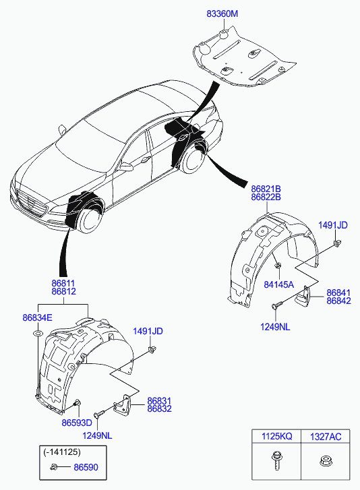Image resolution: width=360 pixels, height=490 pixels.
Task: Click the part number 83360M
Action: [x=222, y=13]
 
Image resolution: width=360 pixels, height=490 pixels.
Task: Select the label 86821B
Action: [x=266, y=189]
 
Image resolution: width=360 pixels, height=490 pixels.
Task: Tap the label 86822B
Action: [x=266, y=197]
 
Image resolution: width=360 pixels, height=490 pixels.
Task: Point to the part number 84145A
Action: [x=278, y=284]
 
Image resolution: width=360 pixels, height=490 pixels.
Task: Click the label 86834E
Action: [x=38, y=317]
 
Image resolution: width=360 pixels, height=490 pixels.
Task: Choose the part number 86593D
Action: [x=77, y=423]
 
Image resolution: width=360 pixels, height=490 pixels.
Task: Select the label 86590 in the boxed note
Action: [x=86, y=468]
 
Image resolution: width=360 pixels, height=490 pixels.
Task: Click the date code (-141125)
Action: [x=62, y=452]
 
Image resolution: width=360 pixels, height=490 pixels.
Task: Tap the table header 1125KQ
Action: [x=276, y=436]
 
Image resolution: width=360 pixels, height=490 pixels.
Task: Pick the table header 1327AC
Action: [x=326, y=437]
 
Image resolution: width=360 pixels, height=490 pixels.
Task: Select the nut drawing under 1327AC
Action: [x=326, y=460]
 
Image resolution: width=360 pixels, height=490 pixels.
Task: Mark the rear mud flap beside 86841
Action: [x=303, y=297]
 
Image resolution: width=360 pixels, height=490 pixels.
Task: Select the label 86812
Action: [x=64, y=291]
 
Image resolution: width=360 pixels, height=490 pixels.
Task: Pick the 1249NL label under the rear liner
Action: [x=275, y=327]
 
